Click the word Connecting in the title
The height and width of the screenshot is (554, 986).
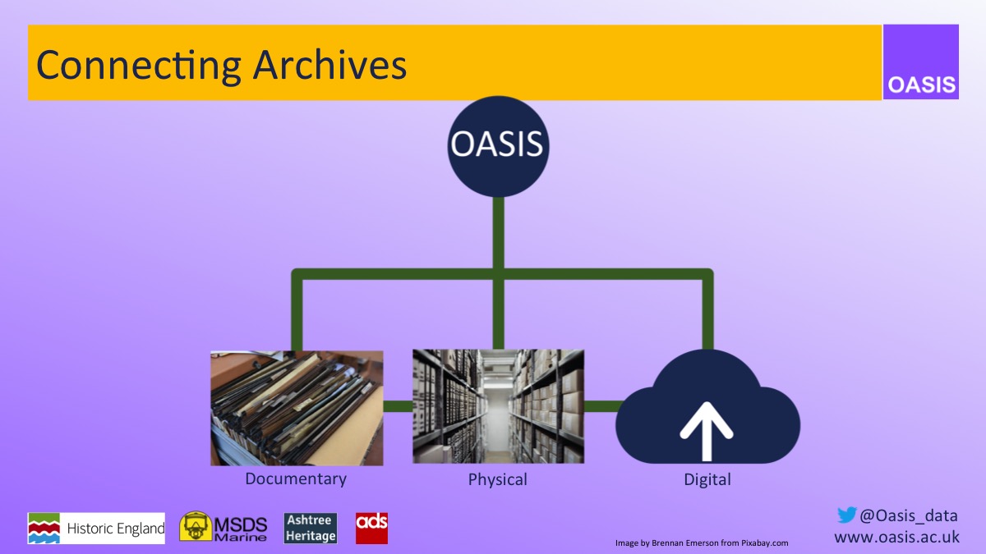138,64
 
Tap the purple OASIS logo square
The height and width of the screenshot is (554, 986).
921,62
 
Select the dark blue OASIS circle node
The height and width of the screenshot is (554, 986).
497,146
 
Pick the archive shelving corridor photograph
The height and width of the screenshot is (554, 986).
498,406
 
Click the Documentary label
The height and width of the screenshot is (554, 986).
296,478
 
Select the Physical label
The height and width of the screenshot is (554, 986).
497,479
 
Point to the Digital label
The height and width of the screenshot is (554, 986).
707,479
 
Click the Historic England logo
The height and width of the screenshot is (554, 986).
96,529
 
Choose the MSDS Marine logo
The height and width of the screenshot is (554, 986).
223,528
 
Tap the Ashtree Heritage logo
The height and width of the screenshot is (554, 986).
311,529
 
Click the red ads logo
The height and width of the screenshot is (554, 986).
371,528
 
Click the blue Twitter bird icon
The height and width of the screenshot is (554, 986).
846,515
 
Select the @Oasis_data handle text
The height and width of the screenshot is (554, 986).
908,515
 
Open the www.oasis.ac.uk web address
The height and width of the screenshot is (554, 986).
896,537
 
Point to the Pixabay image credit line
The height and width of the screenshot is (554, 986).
702,543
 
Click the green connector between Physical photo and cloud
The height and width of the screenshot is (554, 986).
601,406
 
